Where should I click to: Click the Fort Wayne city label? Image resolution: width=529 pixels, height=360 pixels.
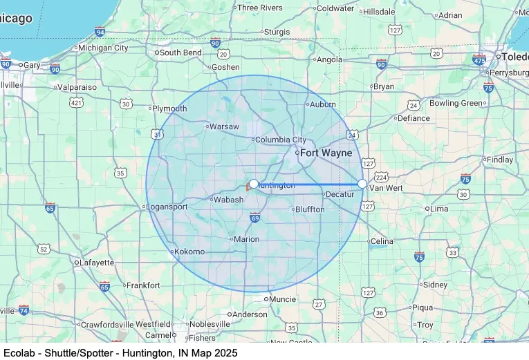coord(326,153)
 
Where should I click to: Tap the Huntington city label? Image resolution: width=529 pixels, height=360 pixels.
coord(277,185)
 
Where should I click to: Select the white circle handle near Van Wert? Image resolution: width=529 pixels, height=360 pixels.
coord(363,184)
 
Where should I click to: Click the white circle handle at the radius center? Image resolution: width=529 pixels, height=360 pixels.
coord(254,184)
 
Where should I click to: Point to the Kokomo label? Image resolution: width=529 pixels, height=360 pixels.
coord(189,252)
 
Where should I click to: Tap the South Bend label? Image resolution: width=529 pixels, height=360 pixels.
coord(180,52)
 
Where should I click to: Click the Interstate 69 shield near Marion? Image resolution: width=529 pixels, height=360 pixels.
coord(254,218)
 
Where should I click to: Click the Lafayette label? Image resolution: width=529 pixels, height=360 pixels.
coord(98,263)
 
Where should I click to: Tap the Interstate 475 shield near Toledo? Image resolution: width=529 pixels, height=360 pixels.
coord(479,59)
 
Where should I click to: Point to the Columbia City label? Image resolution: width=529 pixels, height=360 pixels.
coord(280,140)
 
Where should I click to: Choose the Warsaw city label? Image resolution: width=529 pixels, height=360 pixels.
coord(224,127)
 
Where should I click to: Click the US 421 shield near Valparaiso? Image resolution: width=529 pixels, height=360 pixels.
coord(77,102)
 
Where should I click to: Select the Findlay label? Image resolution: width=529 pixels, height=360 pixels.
coord(501,160)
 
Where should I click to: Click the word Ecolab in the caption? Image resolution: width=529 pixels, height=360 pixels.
coord(19,352)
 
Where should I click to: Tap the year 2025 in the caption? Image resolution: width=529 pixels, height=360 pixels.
coord(225,352)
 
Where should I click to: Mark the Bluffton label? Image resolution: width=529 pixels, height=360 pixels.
coord(309,209)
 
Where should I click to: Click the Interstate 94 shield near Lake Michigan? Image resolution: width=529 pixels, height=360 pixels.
coord(100,32)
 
